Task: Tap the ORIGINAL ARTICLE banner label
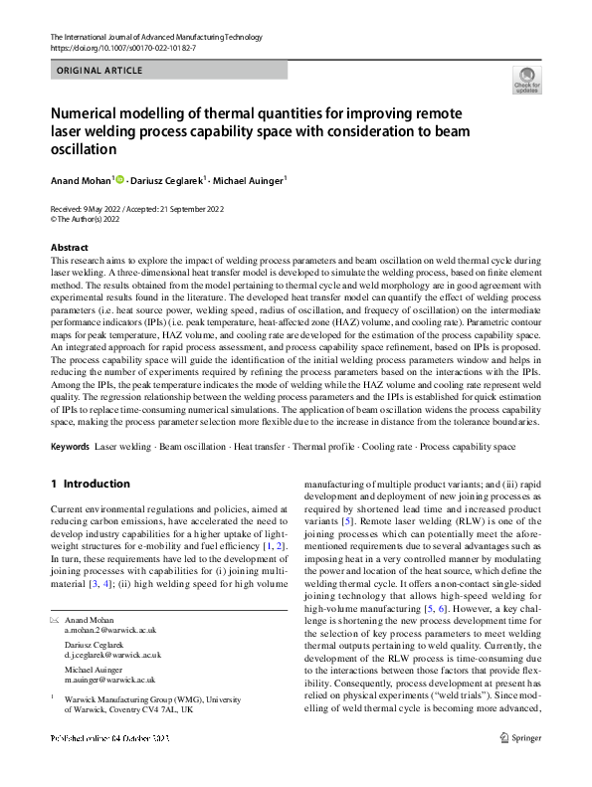(x=99, y=71)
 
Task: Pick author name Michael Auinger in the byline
(x=255, y=181)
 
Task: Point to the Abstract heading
(x=69, y=247)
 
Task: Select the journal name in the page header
(x=155, y=37)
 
